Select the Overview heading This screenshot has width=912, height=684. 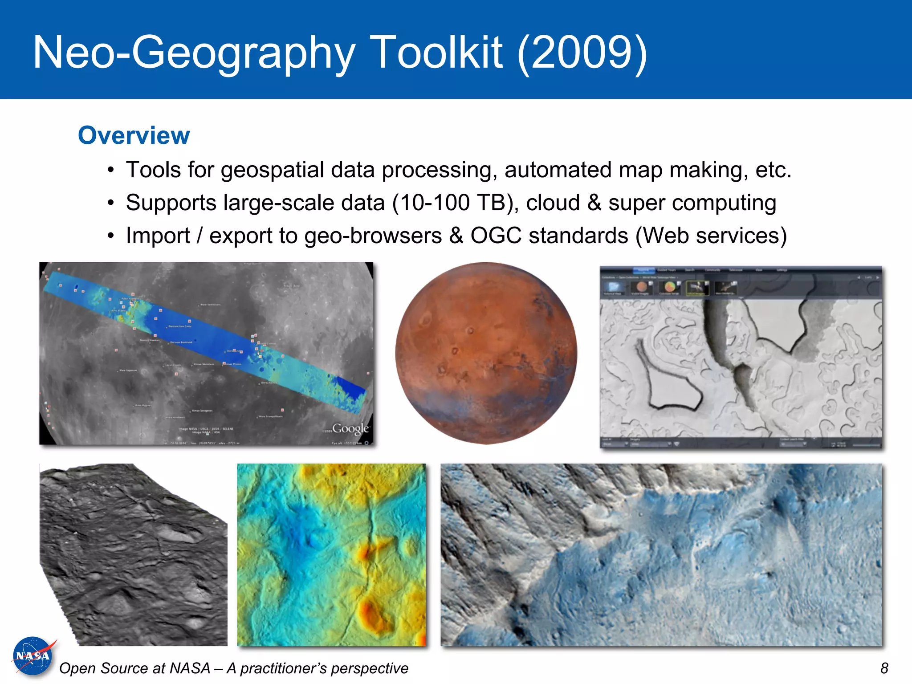coord(134,135)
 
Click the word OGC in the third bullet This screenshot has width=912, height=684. coord(496,236)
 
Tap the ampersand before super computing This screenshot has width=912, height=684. coord(594,203)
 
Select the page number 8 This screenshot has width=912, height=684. coord(884,668)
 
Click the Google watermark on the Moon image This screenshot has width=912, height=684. coord(350,428)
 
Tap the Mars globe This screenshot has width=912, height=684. coord(485,353)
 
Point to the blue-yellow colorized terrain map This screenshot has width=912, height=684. coord(331,554)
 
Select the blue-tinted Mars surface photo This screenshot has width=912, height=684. coord(661,554)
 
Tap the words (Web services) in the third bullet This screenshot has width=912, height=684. coord(711,236)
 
